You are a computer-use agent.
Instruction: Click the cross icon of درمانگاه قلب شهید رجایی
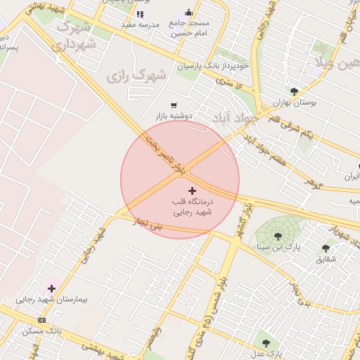coord(193,191)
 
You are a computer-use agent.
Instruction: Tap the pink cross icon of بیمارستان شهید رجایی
coord(51,288)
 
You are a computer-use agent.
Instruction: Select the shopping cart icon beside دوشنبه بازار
coord(174,105)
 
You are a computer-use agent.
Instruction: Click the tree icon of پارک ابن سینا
coord(278,236)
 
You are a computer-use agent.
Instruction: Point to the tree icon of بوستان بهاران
coord(294,91)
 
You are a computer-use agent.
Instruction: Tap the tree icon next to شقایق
coord(325,247)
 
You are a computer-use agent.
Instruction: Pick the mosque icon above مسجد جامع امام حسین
coord(188,13)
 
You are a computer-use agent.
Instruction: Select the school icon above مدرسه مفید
coord(140,13)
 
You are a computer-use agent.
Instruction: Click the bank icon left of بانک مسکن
coord(41,320)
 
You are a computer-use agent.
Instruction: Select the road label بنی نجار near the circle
coord(148,224)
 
